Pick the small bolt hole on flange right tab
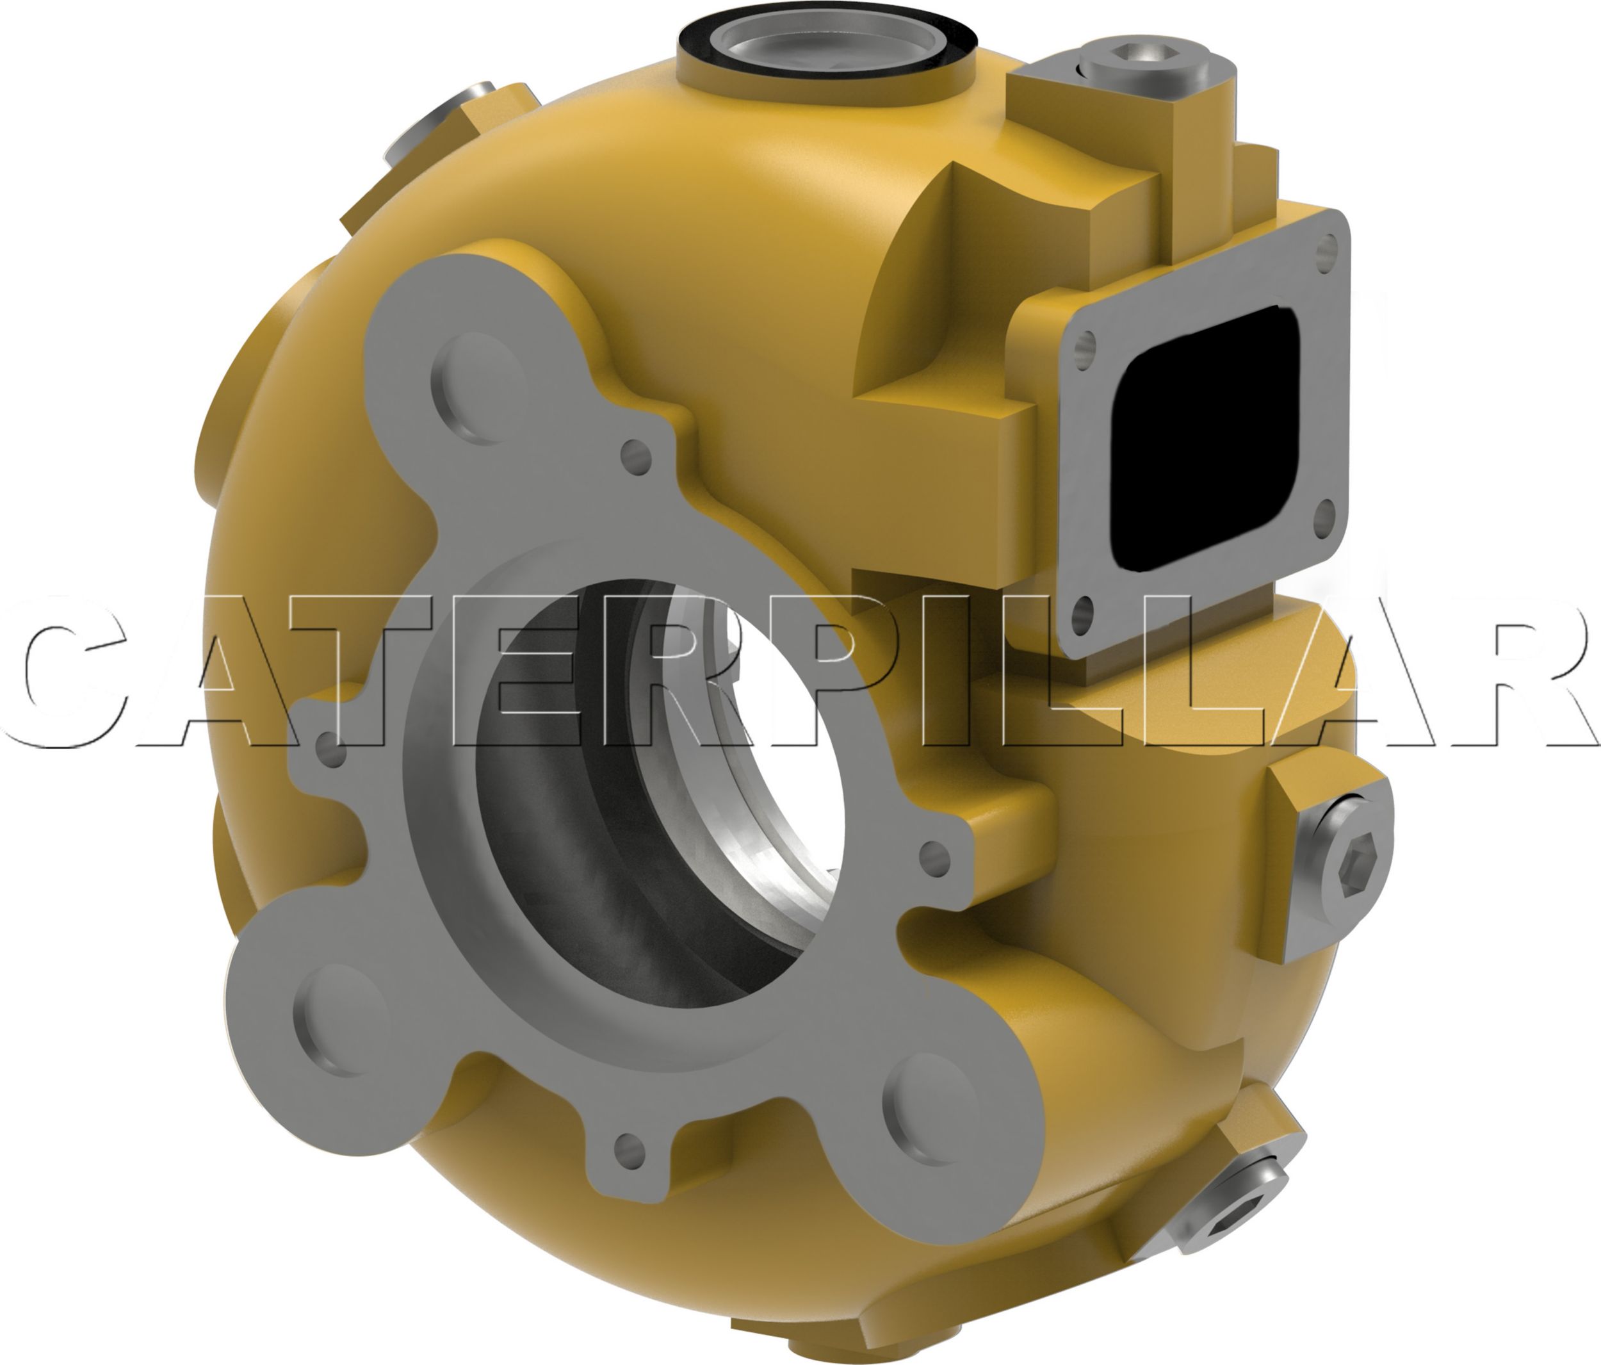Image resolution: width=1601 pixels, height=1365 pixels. pyautogui.click(x=935, y=853)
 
